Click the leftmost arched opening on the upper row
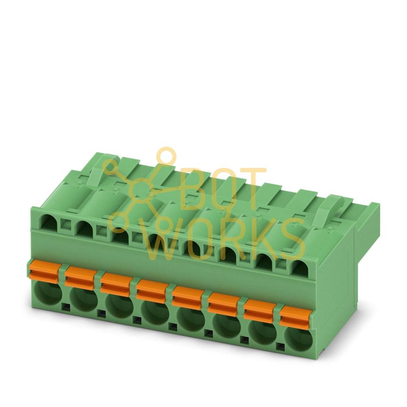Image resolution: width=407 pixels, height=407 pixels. coord(49,224)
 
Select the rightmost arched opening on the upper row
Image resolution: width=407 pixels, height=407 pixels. coord(300,268)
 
